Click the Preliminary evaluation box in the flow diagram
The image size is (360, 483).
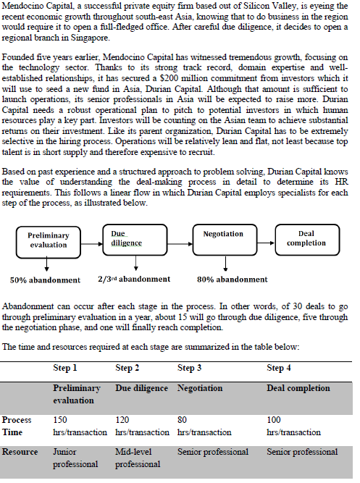point(48,240)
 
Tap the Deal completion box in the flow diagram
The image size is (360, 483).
point(306,239)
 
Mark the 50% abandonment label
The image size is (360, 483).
point(45,280)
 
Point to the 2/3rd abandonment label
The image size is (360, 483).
point(134,279)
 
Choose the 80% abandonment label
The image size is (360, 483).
point(232,280)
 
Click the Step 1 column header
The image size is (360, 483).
point(65,368)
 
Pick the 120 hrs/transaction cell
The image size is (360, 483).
point(142,426)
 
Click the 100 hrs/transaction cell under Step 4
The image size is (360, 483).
point(293,426)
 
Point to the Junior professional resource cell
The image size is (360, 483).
point(76,458)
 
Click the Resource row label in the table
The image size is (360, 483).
point(20,452)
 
